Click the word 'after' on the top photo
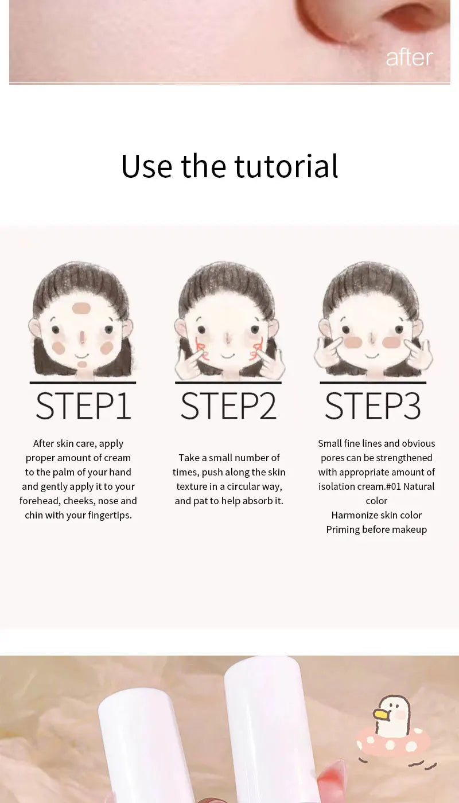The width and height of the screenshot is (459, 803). point(409,57)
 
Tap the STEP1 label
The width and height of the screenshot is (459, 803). point(83,406)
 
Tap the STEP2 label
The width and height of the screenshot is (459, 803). point(228,406)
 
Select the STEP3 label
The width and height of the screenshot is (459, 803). point(373,406)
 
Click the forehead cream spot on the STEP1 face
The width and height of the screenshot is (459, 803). point(81,308)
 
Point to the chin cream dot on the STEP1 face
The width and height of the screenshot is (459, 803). point(82,364)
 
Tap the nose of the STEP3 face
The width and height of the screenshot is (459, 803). point(372,341)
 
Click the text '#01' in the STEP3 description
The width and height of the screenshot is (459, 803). point(393,486)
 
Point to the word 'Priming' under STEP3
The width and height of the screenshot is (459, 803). point(343,529)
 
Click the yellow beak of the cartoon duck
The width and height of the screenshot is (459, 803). point(380,715)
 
